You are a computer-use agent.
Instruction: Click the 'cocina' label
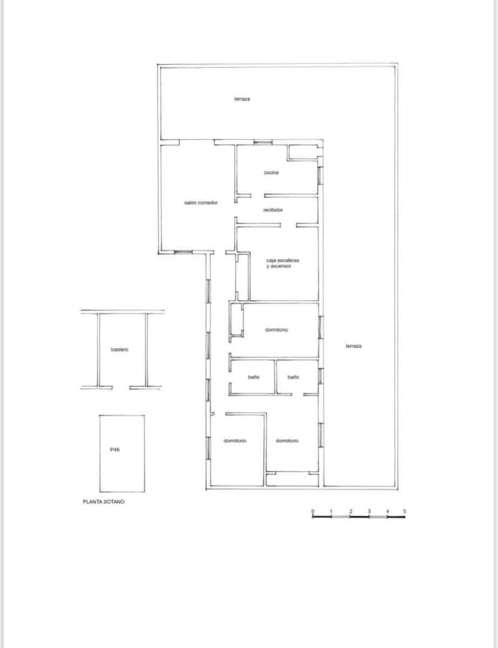coord(271,172)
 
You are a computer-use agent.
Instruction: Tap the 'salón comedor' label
coord(201,202)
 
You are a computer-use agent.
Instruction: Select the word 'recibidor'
coord(274,210)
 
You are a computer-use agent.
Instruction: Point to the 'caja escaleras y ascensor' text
coord(279,263)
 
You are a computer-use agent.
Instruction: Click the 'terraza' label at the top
coord(242,99)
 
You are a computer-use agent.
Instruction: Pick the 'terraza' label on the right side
coord(353,346)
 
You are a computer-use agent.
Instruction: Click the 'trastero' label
coord(119,350)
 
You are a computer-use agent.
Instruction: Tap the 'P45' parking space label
coord(115,449)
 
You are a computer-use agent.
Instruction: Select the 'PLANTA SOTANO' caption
coord(103,502)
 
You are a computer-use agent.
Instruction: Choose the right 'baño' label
coord(293,377)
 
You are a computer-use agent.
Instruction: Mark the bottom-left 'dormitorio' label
coord(235,441)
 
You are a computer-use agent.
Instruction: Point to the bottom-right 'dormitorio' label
coord(287,441)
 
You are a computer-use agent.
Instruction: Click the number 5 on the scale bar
coord(404,511)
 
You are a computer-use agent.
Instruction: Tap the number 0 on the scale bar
coord(313,511)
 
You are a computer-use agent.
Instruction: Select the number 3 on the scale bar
coord(369,511)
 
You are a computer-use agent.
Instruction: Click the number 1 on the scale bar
coord(331,511)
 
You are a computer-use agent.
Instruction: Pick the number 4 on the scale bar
coord(387,511)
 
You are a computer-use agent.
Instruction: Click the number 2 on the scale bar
coord(350,511)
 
